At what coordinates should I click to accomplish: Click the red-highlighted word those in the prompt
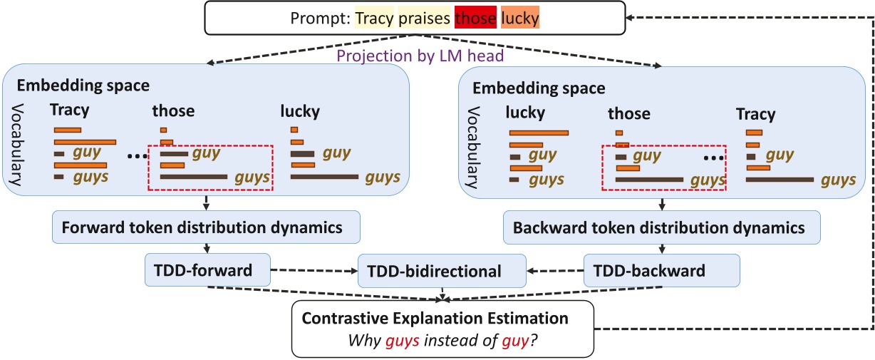(x=475, y=19)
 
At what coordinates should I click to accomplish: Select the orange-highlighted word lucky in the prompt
(x=520, y=19)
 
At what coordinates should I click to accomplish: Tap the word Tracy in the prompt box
(x=374, y=19)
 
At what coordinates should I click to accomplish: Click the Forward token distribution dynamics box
(x=207, y=228)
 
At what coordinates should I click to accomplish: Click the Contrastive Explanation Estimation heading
(x=442, y=319)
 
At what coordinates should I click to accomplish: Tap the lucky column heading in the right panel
(x=525, y=112)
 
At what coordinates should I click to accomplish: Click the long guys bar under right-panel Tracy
(x=780, y=179)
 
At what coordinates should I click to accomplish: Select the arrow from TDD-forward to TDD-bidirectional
(x=314, y=271)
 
